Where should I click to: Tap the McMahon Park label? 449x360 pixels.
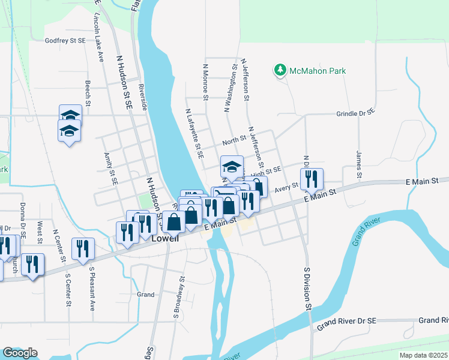[x=318, y=71]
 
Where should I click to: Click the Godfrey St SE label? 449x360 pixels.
[x=65, y=41]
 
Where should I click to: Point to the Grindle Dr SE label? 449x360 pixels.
[x=355, y=112]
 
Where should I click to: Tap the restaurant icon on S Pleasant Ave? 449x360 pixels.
[x=83, y=248]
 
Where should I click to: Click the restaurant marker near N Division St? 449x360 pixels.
[x=312, y=179]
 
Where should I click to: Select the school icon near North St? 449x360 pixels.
[x=232, y=166]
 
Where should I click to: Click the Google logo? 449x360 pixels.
[x=20, y=353]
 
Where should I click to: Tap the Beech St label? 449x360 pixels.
[x=88, y=94]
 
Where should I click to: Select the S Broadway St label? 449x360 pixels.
[x=178, y=296]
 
